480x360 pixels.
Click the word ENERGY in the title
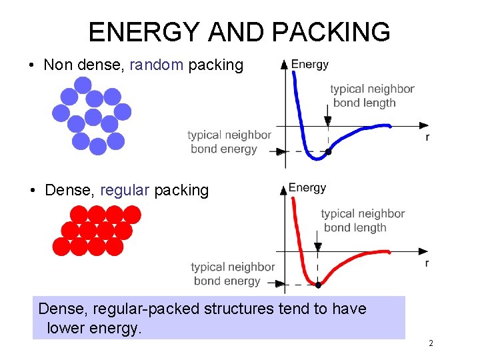143,32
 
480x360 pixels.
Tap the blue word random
156,65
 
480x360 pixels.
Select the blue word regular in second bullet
125,191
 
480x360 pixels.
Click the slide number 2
431,343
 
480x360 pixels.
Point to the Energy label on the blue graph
310,65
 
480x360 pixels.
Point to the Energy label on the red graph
307,188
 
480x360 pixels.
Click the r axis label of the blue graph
427,137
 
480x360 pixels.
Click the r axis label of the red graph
427,263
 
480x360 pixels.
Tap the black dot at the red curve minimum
318,285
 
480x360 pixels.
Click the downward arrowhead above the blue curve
327,121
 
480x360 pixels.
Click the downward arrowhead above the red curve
318,247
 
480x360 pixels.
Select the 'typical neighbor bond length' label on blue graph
372,95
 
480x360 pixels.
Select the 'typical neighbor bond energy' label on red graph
233,273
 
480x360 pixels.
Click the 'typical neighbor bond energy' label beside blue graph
229,142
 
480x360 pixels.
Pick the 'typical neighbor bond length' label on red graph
363,221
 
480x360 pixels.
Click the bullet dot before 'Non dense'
31,66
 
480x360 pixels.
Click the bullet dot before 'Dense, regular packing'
33,191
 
